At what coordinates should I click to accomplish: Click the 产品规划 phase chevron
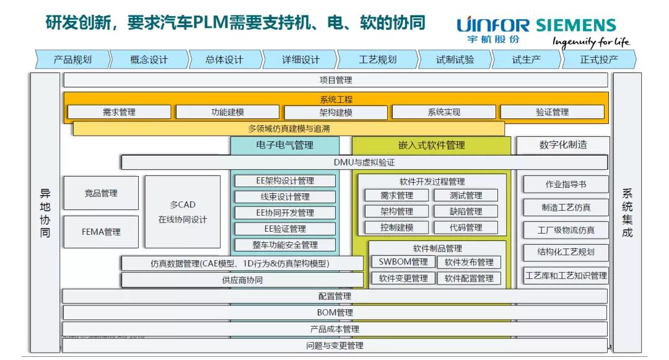coord(72,59)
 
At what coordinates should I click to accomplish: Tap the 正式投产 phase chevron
coord(599,59)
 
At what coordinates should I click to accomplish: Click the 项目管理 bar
coord(335,80)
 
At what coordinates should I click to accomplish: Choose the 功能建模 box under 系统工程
coord(227,112)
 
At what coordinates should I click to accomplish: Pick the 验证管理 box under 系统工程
coord(552,112)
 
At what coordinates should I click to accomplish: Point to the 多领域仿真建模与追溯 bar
coord(289,129)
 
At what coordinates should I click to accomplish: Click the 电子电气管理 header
coord(285,146)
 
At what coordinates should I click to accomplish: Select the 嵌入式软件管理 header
coord(432,146)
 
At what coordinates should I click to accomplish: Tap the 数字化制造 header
coord(563,145)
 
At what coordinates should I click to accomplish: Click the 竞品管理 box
coord(101,193)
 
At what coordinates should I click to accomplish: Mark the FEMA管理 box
coord(101,232)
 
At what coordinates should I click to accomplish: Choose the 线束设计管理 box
coord(285,197)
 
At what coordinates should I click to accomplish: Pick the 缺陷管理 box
coord(466,211)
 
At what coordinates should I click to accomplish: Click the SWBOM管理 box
coord(403,262)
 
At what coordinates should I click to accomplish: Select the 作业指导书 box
coord(566,185)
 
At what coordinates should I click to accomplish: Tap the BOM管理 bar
coord(335,313)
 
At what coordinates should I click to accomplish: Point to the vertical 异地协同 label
coord(45,213)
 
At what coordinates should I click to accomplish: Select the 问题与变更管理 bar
coord(335,346)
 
